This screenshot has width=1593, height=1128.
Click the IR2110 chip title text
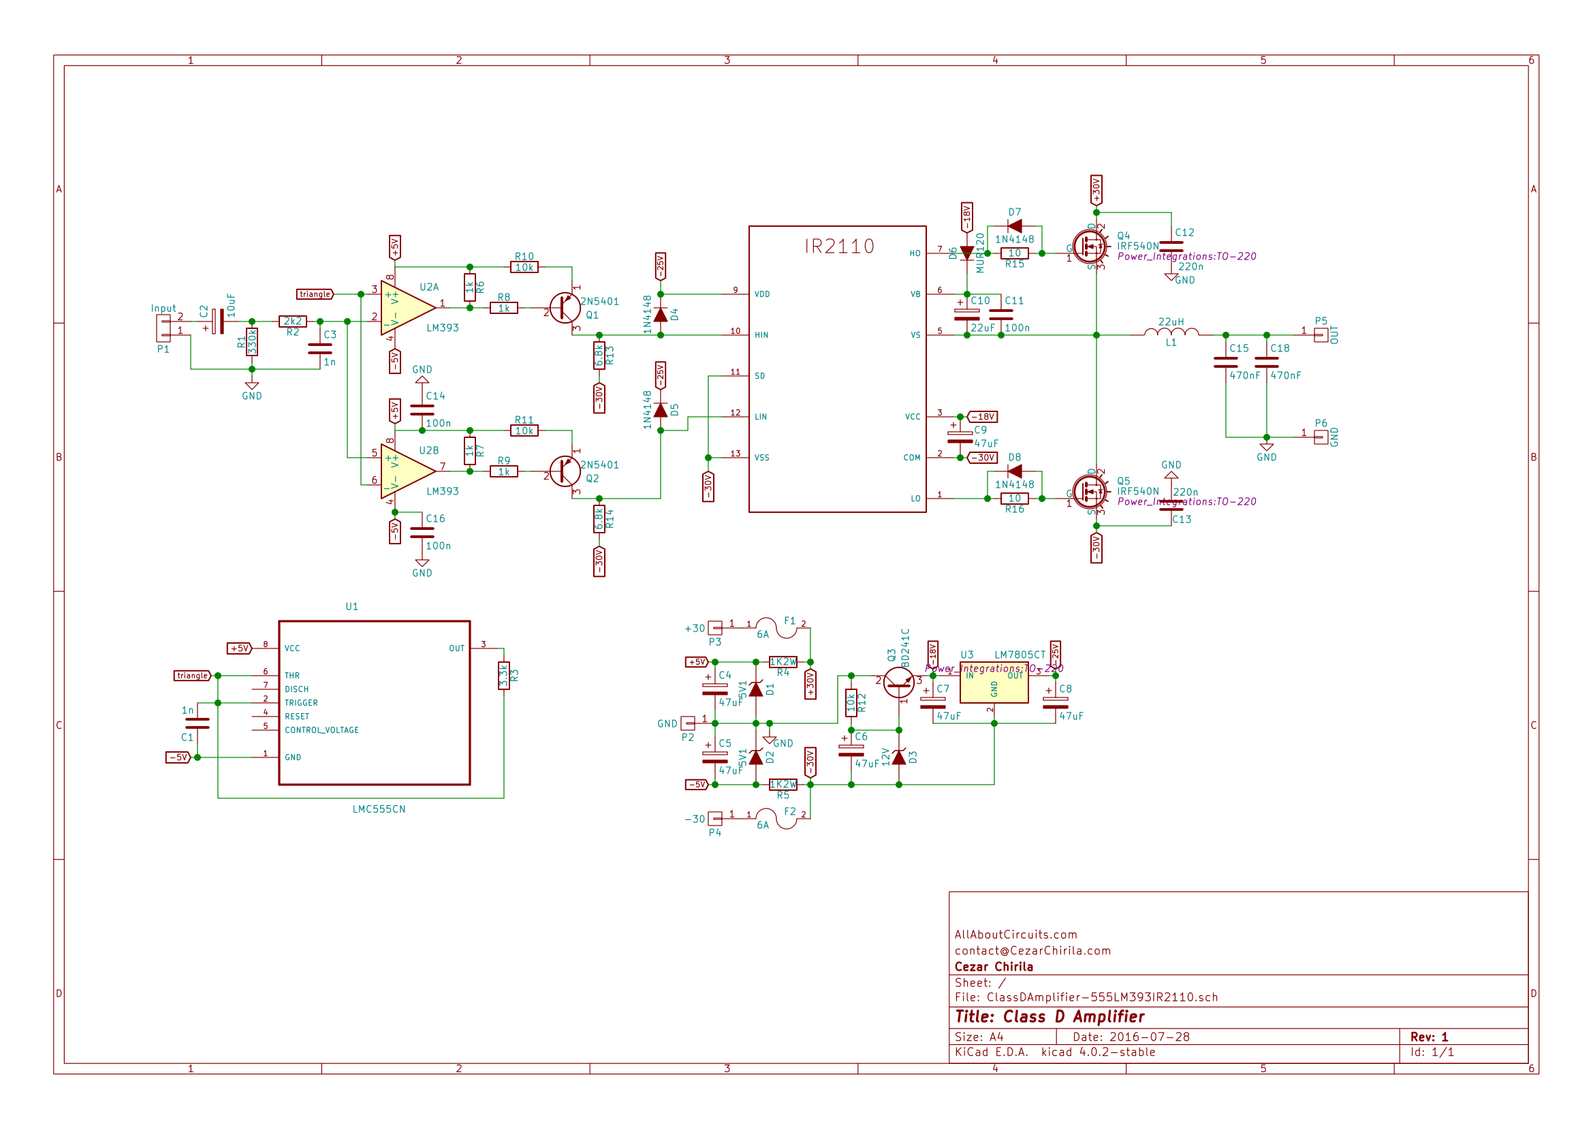838,247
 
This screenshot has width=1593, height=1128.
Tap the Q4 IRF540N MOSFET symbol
1090,247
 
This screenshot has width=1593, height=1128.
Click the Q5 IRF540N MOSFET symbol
1090,492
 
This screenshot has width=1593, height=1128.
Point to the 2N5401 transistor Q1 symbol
565,308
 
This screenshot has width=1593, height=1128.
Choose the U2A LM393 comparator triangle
405,308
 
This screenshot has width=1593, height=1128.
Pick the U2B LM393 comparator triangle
405,471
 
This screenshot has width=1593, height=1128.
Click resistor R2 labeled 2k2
292,322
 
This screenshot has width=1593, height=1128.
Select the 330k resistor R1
252,342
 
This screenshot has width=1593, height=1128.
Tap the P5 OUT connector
1320,334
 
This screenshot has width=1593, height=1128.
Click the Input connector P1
163,328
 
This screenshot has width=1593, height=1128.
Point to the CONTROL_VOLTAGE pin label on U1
321,730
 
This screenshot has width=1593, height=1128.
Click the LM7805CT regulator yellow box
993,683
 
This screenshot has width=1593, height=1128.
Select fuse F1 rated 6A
776,627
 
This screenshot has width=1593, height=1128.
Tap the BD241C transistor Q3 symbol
898,683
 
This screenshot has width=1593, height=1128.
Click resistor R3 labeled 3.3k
503,675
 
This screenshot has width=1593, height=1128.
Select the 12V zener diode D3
898,757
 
